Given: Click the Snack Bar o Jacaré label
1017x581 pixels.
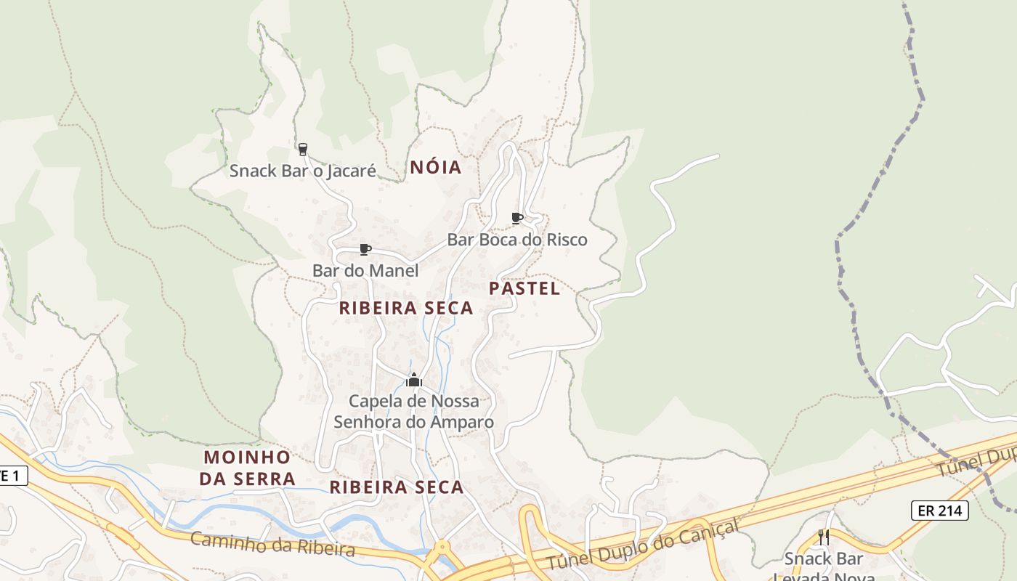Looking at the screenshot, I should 303,171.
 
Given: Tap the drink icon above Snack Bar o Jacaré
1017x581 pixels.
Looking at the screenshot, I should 303,149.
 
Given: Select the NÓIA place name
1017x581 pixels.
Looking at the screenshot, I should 436,167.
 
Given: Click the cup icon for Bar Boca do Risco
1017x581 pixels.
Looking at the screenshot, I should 517,218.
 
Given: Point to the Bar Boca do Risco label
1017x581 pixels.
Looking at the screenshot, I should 517,240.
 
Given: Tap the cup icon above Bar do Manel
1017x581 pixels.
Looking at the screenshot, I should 365,250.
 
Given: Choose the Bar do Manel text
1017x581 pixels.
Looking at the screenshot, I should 365,271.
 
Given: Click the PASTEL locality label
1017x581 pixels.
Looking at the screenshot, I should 524,288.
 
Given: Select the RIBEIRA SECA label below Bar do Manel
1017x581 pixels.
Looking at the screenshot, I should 406,308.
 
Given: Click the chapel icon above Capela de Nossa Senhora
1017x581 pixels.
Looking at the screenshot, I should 414,380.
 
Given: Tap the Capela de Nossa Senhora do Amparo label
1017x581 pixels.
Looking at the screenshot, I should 413,412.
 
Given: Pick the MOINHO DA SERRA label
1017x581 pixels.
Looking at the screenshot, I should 248,468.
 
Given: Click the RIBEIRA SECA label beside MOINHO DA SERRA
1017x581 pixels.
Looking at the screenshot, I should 397,487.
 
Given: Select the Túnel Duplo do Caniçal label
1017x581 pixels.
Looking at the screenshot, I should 643,545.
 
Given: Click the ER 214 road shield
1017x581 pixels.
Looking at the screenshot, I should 940,511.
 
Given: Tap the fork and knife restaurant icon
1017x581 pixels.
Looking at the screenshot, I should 824,537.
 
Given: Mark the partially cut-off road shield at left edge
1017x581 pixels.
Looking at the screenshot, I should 12,476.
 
